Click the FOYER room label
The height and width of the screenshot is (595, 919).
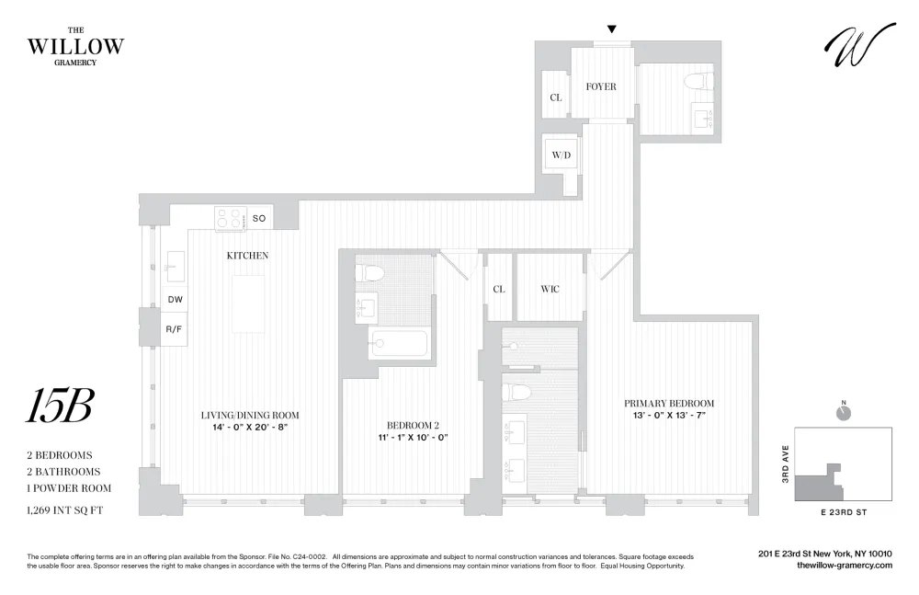click(601, 86)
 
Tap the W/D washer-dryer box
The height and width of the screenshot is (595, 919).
click(561, 154)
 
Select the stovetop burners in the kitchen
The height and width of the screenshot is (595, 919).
click(231, 218)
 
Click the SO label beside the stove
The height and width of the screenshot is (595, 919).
click(259, 218)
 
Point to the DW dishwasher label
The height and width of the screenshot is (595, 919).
click(176, 299)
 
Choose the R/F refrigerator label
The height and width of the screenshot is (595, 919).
click(174, 329)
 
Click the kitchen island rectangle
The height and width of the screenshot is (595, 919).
click(248, 304)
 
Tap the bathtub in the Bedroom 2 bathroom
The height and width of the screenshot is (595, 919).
click(400, 343)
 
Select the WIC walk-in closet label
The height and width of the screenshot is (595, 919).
click(550, 289)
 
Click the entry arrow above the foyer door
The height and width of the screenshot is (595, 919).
click(612, 29)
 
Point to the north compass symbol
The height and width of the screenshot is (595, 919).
click(844, 412)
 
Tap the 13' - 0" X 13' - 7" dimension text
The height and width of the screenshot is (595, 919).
click(669, 416)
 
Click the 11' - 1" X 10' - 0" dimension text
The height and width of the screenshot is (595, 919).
click(413, 437)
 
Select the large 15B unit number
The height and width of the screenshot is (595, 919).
click(60, 406)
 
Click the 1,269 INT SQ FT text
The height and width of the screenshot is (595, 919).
click(64, 510)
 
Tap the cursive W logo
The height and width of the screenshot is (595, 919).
click(859, 45)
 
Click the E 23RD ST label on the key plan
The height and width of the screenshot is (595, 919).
click(844, 512)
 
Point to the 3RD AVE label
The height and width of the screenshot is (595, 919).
click(786, 463)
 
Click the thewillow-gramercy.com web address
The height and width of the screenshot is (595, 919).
click(845, 565)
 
